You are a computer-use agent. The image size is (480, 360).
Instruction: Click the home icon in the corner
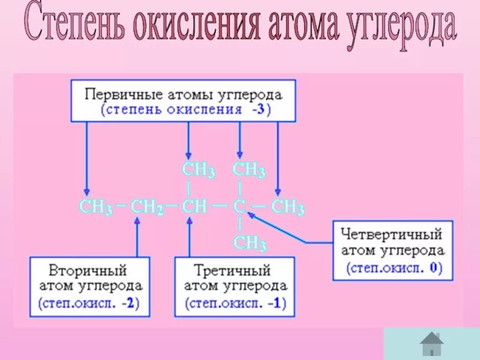(x=431, y=344)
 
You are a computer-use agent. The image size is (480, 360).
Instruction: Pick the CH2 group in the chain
(x=147, y=208)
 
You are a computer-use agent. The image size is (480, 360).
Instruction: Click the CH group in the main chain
(x=194, y=207)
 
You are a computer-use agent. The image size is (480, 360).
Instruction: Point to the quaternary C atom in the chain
(x=239, y=207)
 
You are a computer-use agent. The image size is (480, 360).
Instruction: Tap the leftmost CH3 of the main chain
(x=96, y=208)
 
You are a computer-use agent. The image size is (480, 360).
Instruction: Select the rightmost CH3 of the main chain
(x=288, y=208)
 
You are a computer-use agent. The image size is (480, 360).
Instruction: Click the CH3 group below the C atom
(x=250, y=243)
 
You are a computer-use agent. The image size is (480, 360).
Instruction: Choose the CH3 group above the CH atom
(x=199, y=170)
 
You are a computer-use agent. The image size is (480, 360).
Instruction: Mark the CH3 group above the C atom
(x=249, y=170)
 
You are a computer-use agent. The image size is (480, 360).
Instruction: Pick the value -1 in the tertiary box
(x=274, y=303)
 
